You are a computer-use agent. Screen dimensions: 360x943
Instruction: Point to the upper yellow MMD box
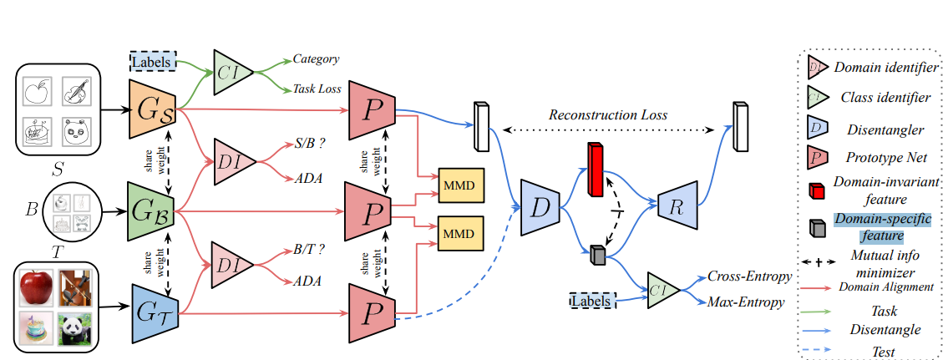pyautogui.click(x=460, y=184)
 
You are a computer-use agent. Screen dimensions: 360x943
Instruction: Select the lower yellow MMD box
pyautogui.click(x=460, y=231)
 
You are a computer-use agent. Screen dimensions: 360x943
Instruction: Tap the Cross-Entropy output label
pyautogui.click(x=746, y=276)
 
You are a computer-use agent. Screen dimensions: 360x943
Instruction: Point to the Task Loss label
pyautogui.click(x=317, y=89)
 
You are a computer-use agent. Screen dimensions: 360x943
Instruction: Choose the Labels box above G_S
pyautogui.click(x=154, y=61)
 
